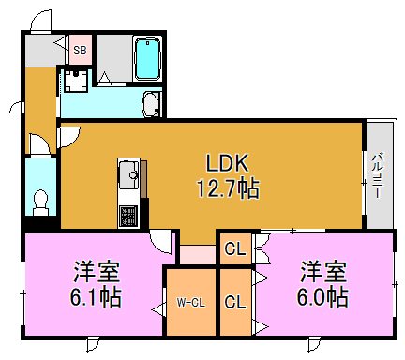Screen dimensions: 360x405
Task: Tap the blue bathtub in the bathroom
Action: click(148, 60)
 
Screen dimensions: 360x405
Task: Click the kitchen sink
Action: click(128, 175)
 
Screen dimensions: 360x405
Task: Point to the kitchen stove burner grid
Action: click(127, 215)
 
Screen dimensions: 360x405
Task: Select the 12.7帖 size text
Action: click(227, 188)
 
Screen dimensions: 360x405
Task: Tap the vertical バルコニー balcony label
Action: click(376, 175)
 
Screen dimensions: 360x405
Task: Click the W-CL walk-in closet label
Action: click(190, 302)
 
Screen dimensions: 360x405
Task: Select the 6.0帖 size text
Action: click(323, 298)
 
